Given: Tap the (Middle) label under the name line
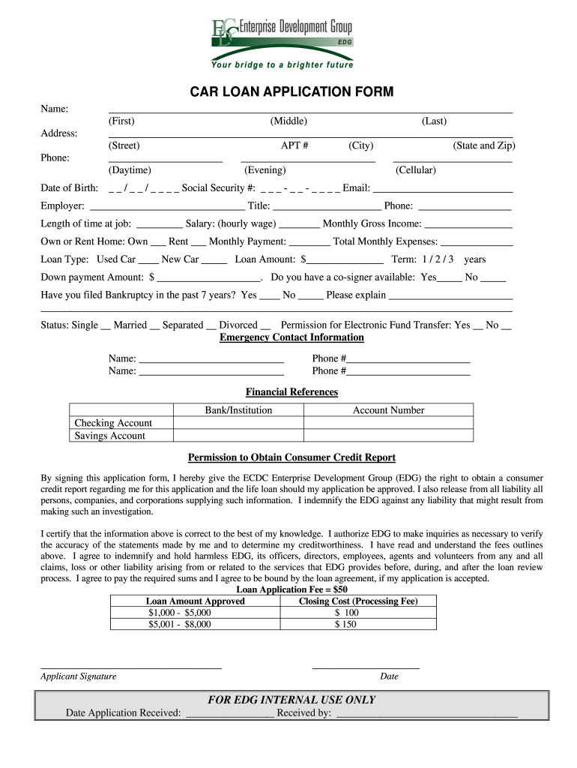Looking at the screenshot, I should (288, 121).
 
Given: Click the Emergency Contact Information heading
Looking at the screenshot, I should (291, 337).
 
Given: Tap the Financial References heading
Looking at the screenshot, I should (291, 392).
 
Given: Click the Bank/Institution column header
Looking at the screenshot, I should (238, 410).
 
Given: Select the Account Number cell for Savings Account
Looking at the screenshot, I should (388, 436).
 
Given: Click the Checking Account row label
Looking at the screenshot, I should (113, 423).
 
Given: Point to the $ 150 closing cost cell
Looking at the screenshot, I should (346, 623).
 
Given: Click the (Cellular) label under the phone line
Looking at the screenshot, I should (416, 170).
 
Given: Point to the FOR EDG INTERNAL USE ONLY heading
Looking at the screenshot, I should (291, 700).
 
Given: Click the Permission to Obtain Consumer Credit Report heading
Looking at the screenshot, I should (291, 457).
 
